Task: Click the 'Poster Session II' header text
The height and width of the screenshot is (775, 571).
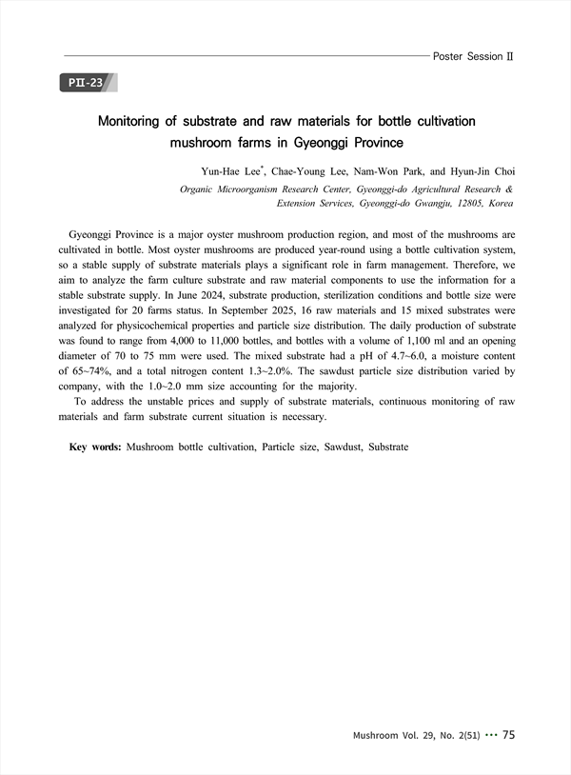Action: [x=473, y=56]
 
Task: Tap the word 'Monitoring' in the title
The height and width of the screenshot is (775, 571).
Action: [x=142, y=122]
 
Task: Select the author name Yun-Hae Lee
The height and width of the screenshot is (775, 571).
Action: [x=231, y=172]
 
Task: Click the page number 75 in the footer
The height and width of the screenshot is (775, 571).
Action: [x=508, y=735]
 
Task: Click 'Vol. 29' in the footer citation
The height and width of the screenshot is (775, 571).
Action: [x=411, y=736]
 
